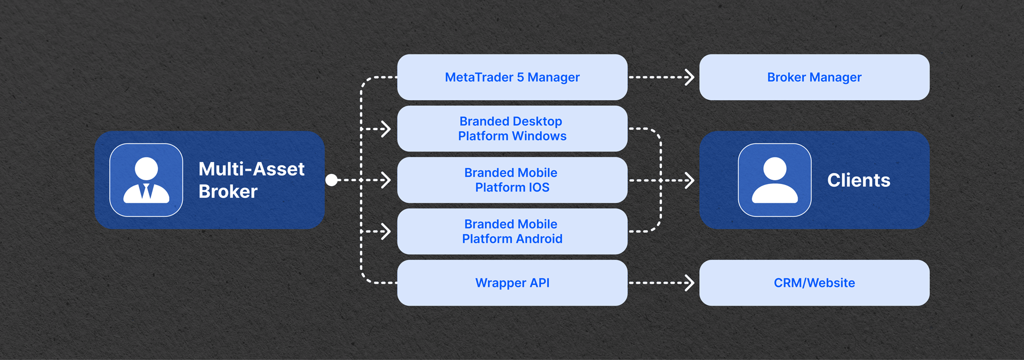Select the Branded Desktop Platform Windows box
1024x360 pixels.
512,129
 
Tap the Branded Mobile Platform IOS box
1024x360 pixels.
512,180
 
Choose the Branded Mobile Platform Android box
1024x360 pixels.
512,231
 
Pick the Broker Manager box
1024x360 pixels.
814,77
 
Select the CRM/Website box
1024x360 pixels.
814,283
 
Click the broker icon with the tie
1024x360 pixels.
146,180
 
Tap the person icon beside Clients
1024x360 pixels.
774,180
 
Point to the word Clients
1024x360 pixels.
858,180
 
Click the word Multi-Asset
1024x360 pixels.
251,169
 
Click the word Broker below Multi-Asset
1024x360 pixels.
228,191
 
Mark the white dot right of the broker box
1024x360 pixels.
331,180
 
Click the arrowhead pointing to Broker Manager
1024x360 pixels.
690,77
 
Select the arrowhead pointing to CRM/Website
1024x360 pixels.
690,283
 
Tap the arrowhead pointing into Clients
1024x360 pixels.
690,180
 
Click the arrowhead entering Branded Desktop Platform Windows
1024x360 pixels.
387,129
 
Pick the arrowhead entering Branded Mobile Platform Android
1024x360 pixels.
387,231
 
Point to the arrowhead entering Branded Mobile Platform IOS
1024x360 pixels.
387,180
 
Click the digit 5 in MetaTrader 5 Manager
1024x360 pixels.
520,77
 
